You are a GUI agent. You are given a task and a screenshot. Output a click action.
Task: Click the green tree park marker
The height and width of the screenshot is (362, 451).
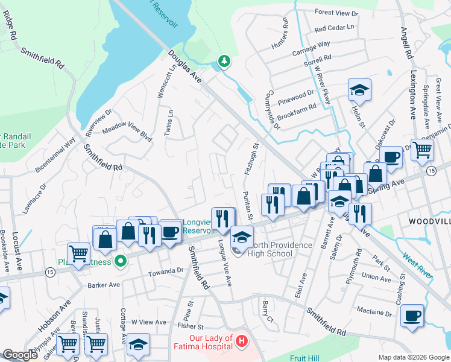pyautogui.click(x=224, y=61)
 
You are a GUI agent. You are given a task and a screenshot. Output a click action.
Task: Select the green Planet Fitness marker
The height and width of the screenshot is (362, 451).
pyautogui.click(x=120, y=261)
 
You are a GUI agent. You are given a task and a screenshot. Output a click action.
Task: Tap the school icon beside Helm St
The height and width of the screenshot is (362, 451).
pyautogui.click(x=359, y=91)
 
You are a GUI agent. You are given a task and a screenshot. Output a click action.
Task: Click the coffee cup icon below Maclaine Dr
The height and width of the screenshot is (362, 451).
pyautogui.click(x=413, y=316)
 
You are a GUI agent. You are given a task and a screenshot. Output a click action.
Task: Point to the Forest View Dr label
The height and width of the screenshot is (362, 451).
pyautogui.click(x=336, y=13)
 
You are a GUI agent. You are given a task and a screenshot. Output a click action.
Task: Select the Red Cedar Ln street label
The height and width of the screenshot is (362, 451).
pyautogui.click(x=334, y=28)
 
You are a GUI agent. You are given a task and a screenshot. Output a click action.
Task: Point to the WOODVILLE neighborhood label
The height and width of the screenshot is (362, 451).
pyautogui.click(x=430, y=222)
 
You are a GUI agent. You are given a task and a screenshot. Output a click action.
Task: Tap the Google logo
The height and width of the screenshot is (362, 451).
pyautogui.click(x=20, y=354)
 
